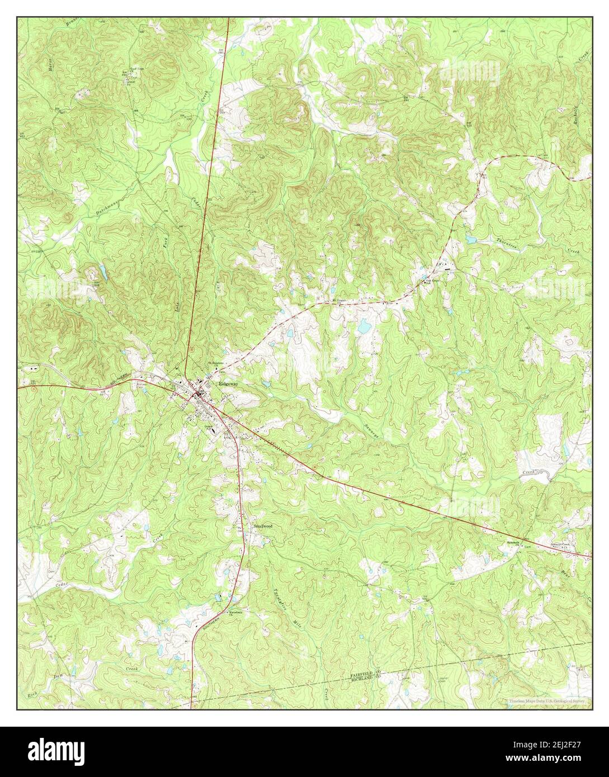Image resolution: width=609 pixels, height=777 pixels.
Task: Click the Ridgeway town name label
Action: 228,385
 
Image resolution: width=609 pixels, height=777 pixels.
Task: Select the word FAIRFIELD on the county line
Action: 361,675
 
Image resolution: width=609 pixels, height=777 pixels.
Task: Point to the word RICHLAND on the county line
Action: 361,681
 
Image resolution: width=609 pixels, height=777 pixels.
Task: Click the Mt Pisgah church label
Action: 340,300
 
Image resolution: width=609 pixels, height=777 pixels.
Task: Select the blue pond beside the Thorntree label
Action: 471,239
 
